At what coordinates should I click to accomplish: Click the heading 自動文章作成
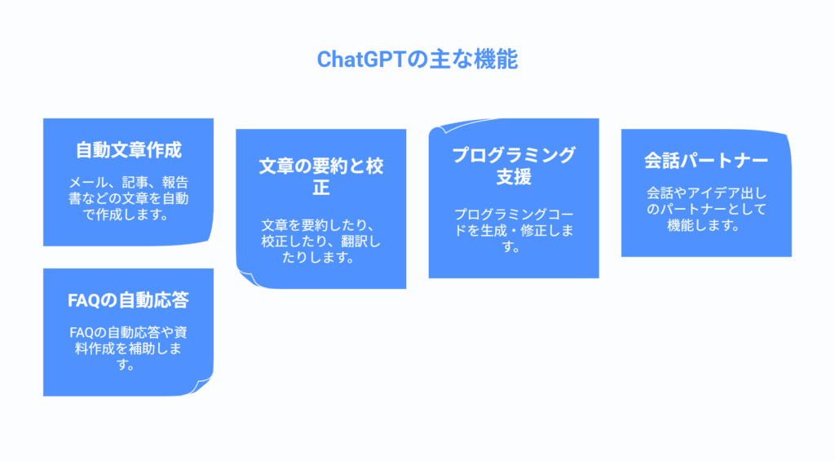point(128,150)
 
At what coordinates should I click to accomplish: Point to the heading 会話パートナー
point(706,160)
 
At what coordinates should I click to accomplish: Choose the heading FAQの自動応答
point(128,300)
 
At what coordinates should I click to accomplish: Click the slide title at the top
point(417,60)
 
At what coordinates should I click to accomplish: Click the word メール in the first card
point(87,182)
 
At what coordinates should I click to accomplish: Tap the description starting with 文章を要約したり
point(320,241)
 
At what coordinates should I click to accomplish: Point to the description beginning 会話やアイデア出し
point(706,210)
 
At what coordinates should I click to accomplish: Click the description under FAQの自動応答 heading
point(128,348)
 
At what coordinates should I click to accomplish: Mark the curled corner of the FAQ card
point(204,387)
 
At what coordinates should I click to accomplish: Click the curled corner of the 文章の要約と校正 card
point(246,278)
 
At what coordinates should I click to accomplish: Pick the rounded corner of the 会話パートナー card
point(784,136)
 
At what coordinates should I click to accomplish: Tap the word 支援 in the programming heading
point(514,176)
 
